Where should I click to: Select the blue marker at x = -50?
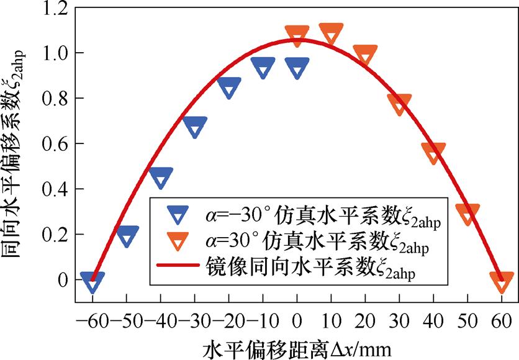[x=127, y=236]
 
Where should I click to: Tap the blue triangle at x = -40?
[x=161, y=178]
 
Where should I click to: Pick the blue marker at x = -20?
[x=229, y=88]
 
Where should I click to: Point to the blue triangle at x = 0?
[x=297, y=68]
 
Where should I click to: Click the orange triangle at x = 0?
[x=297, y=35]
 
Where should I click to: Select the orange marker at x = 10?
[x=331, y=33]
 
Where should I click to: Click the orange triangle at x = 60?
[x=502, y=281]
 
